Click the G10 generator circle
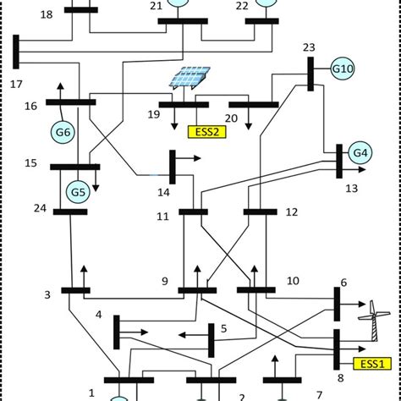click(343, 67)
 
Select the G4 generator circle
click(361, 154)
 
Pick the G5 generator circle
click(79, 192)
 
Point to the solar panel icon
click(190, 80)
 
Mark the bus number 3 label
click(48, 294)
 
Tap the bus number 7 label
click(319, 395)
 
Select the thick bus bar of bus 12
click(261, 211)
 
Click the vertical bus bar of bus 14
click(172, 167)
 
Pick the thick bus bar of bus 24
click(70, 211)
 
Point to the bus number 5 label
click(223, 328)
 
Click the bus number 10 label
click(293, 280)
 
